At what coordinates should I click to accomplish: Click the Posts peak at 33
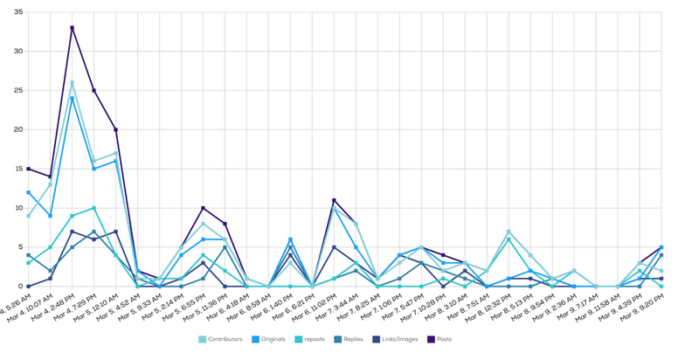coord(73,28)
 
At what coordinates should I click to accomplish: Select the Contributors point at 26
coord(73,83)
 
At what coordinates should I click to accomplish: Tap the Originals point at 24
coord(73,99)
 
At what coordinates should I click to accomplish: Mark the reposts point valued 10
coord(93,208)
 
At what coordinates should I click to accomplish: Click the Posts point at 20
coord(115,129)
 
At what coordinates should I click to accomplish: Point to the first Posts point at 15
coord(29,169)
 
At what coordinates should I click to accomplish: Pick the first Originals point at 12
coord(29,192)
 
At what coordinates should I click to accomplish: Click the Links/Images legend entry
coord(398,339)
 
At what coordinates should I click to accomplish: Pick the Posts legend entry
coord(443,339)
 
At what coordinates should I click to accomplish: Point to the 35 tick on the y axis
coord(17,12)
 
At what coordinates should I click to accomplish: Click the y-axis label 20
coord(17,129)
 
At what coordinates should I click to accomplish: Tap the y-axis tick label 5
coord(20,247)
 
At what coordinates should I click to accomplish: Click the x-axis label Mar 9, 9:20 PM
coord(645,309)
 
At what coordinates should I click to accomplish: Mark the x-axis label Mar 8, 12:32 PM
coord(491,310)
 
